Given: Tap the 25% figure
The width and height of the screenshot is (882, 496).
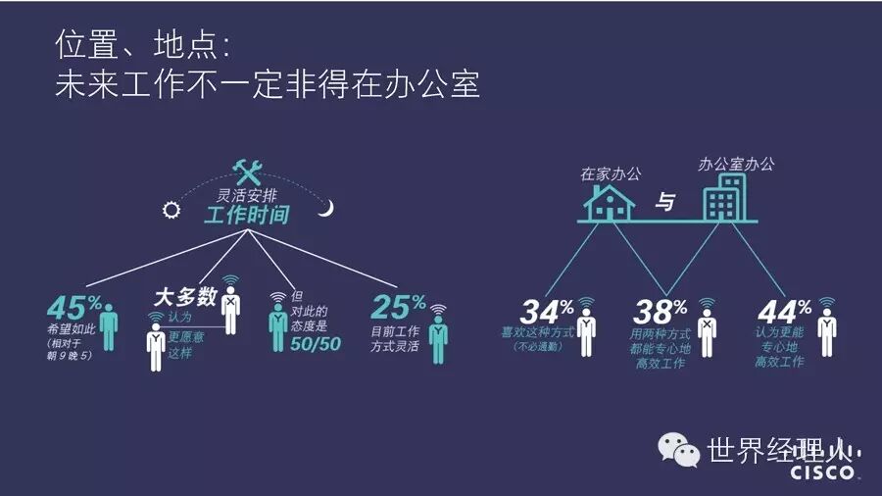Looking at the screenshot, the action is (x=398, y=307).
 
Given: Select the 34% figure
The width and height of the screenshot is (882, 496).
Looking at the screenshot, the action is (x=546, y=312).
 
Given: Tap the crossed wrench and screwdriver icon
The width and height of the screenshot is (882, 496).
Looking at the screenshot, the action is (x=246, y=172).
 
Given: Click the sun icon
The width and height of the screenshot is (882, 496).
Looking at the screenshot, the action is (x=172, y=208).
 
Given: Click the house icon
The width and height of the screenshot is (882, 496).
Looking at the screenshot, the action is (x=610, y=201).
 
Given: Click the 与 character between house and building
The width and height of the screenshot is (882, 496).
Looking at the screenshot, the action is (x=665, y=204).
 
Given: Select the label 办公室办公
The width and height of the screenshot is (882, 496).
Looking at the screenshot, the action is (x=735, y=164).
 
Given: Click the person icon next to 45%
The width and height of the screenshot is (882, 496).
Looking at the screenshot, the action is (x=110, y=322).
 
